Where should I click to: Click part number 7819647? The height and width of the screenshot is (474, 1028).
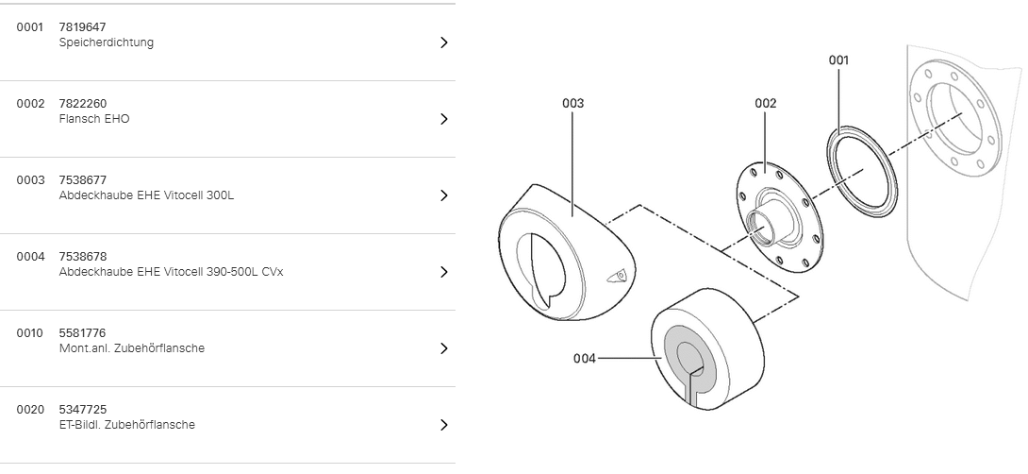tap(82, 27)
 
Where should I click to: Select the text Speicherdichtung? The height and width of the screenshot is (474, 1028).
tap(106, 42)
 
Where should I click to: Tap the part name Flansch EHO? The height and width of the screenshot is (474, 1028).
tap(93, 119)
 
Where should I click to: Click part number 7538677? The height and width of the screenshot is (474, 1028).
tap(82, 180)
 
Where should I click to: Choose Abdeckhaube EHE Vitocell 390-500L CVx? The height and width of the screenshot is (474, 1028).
tap(171, 272)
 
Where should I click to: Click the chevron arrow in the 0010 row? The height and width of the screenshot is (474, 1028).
tap(443, 348)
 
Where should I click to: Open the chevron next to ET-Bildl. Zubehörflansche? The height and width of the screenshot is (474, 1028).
tap(443, 425)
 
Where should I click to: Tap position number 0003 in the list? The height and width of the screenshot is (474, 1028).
tap(30, 180)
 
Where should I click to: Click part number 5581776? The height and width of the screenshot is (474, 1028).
tap(82, 333)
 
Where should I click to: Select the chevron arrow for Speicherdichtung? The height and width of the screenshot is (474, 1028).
tap(443, 42)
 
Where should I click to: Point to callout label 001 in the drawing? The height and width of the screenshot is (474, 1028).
tap(838, 60)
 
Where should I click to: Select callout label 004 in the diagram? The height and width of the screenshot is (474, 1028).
tap(584, 358)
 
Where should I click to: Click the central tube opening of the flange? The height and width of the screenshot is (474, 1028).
tap(758, 224)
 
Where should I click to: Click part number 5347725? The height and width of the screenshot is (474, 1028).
tap(82, 410)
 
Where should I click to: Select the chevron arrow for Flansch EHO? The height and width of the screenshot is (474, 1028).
tap(443, 119)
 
